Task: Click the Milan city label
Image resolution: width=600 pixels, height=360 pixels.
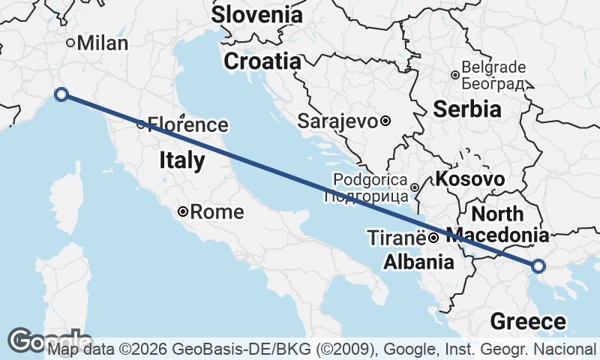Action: coord(103,43)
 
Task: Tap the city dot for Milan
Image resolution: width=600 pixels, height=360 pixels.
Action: coord(71,43)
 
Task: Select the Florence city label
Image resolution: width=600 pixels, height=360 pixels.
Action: coord(187,124)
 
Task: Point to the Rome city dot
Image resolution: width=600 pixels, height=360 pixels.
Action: coord(183,211)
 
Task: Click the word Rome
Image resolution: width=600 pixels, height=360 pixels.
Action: coord(217,212)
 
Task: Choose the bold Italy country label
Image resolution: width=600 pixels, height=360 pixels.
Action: coord(181,160)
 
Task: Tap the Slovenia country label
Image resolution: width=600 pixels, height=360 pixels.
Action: coord(257,14)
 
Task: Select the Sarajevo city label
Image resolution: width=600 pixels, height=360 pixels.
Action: coord(337,120)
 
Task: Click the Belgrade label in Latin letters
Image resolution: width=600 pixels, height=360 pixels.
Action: coord(494,67)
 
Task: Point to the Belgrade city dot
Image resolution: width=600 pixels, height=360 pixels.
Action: coord(455,75)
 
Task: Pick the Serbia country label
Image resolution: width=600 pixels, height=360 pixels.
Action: coord(467,109)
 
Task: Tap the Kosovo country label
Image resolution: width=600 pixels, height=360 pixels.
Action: coord(469,179)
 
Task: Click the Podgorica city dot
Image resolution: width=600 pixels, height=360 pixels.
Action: coord(415,187)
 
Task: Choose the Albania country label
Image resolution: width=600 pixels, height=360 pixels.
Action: coord(418,262)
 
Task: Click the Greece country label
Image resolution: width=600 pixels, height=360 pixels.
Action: coord(528,322)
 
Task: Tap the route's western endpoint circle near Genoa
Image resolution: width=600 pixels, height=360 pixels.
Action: coord(61,94)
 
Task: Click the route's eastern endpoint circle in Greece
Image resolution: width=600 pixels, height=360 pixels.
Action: coord(538,265)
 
